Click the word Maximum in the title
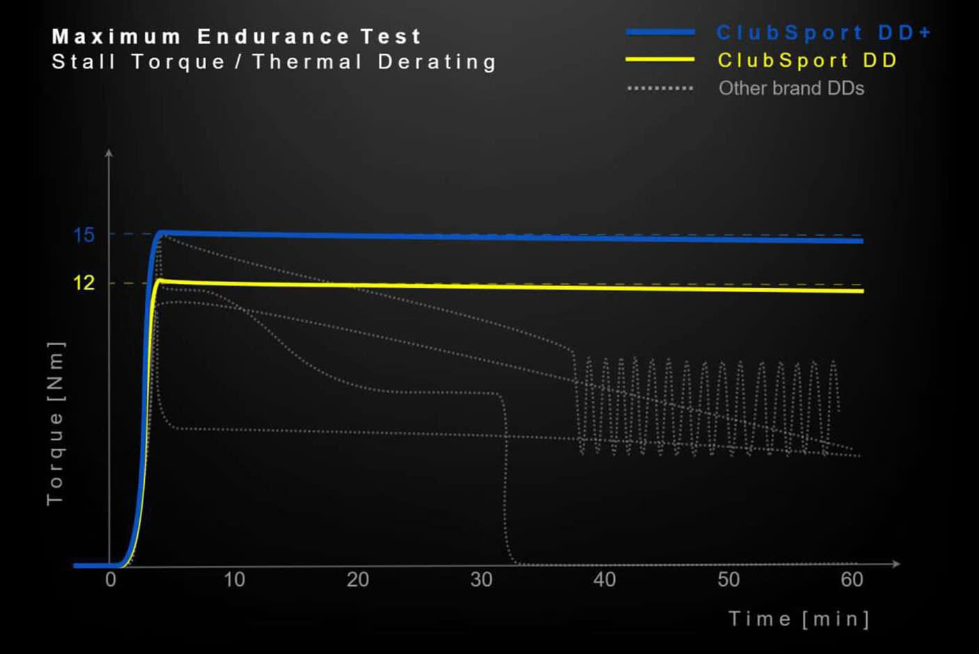(116, 36)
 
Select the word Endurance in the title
(273, 36)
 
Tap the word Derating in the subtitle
(437, 62)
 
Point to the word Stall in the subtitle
(84, 62)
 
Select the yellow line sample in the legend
(660, 60)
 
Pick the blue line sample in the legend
(660, 32)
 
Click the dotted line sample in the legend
(660, 88)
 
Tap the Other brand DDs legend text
(791, 88)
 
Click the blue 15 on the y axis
(84, 235)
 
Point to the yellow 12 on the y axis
(84, 282)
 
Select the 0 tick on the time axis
(111, 580)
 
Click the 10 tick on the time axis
(234, 580)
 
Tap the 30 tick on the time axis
(481, 580)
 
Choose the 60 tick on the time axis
(852, 580)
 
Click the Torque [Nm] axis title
(55, 423)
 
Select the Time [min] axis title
(799, 619)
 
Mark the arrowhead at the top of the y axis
(109, 152)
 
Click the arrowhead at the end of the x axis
(896, 564)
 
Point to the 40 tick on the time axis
(604, 580)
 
